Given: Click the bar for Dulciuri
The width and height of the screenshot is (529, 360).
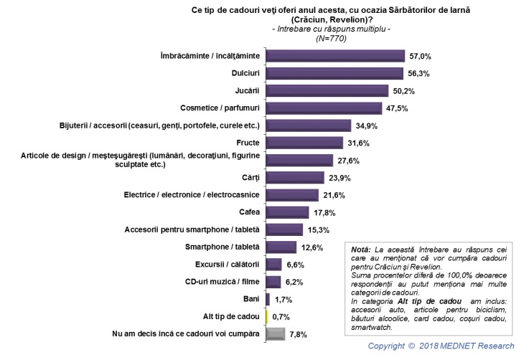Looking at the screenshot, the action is [334, 73].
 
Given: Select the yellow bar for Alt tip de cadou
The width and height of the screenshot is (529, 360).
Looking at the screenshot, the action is [267, 317].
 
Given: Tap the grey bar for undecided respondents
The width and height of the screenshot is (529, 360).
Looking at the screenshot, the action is [276, 334].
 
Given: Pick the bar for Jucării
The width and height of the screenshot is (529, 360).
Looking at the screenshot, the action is [327, 91].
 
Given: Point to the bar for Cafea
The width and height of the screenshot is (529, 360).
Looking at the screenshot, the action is [287, 212].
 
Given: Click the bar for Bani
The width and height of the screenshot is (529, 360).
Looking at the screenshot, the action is [268, 299].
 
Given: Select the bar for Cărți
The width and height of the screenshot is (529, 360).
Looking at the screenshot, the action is [295, 178].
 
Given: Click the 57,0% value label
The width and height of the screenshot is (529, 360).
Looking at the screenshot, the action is [421, 56].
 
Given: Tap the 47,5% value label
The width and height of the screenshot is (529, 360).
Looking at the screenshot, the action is [397, 108].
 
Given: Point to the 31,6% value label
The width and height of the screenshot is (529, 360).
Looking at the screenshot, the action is [359, 143].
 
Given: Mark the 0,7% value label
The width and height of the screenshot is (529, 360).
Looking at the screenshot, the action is [281, 317].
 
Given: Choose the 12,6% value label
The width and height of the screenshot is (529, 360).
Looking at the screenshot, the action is [312, 247].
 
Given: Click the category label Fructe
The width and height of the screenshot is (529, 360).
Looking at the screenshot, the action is [248, 143].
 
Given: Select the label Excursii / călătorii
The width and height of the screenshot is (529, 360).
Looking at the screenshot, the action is [227, 265].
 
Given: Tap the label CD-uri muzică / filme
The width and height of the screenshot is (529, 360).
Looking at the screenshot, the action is [223, 281].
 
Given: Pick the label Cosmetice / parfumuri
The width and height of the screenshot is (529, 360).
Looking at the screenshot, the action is [220, 108].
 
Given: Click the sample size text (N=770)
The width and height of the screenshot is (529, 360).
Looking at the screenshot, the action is [332, 39].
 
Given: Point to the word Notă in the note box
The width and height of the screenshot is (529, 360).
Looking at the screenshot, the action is [360, 250].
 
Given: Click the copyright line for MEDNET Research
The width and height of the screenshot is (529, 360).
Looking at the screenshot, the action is [441, 346].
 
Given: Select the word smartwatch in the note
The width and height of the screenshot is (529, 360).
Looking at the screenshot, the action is [371, 327].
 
